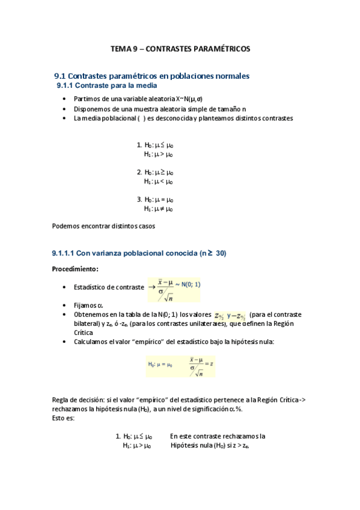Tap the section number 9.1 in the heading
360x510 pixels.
59,76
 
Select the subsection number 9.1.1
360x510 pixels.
66,87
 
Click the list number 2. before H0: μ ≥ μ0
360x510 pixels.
139,172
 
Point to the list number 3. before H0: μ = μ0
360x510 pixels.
139,200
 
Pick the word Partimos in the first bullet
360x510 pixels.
87,99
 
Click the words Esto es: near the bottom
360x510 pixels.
63,418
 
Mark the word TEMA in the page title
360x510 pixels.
122,48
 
